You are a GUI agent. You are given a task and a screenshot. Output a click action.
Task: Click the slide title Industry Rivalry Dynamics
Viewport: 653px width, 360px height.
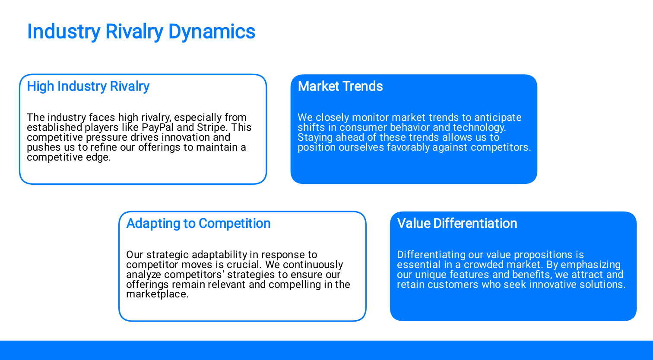141,32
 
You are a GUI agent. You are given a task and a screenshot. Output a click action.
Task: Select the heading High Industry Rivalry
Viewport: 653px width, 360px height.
88,86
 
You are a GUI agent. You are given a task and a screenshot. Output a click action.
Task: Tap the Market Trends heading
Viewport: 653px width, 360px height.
340,86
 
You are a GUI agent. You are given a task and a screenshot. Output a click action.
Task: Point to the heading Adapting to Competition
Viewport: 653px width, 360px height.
198,224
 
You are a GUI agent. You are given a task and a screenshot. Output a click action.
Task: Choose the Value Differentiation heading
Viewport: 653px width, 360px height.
457,224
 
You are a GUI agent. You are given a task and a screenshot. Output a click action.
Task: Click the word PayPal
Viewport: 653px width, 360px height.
157,128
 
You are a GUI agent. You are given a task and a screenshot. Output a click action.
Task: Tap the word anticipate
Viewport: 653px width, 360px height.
498,118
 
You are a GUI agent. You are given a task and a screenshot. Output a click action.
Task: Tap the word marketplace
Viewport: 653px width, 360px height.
157,294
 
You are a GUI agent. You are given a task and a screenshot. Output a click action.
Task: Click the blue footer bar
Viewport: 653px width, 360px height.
326,351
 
